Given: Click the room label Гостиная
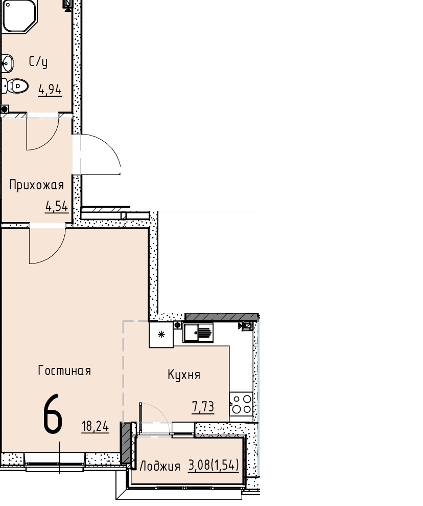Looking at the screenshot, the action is point(64,370).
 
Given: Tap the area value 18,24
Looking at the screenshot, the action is point(96,427).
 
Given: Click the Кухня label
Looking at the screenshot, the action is point(184,375).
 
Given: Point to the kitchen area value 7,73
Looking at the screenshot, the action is point(203,407).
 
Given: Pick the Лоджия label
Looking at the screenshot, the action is point(160,466).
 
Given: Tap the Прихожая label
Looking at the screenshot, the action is point(36,185).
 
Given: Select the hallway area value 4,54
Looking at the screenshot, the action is point(57,206).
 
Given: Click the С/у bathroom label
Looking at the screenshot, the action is point(38,61).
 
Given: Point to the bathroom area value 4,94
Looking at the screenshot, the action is point(50,90).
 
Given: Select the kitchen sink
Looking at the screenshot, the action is point(198,333).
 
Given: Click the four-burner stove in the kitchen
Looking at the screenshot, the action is point(241,404).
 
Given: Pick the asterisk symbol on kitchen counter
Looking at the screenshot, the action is point(161,334).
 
